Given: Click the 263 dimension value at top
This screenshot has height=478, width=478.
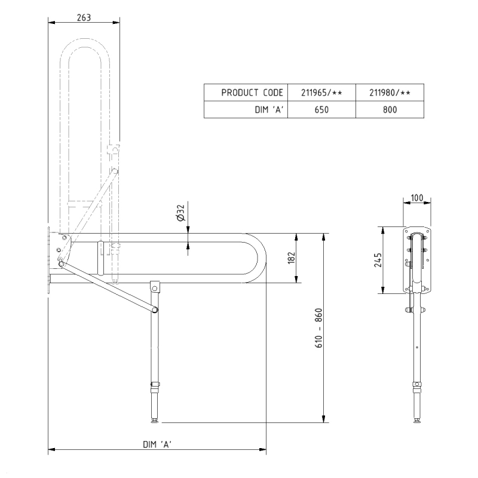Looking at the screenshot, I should [84, 17].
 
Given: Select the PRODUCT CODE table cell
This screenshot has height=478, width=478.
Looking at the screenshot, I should [246, 93].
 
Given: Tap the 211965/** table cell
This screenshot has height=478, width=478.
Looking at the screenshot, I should [321, 93].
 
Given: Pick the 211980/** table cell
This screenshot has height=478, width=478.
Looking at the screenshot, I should [389, 93].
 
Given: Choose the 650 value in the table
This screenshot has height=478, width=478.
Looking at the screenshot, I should [321, 110].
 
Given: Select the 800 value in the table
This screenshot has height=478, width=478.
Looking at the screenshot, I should [389, 110].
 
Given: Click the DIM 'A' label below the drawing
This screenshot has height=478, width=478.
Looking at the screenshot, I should [158, 444].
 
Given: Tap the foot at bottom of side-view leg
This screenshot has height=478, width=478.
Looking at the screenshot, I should [155, 421].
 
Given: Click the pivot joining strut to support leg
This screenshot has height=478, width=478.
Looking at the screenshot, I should [155, 310].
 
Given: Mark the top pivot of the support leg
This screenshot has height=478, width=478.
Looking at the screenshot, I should [155, 289].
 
